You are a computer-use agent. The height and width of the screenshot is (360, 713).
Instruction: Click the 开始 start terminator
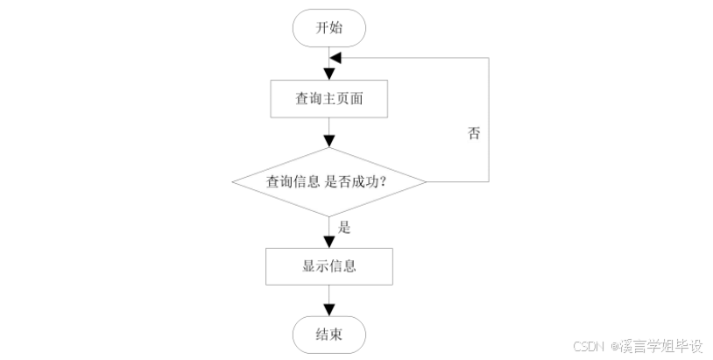[328, 27]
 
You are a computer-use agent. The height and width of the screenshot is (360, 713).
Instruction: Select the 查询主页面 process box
[328, 101]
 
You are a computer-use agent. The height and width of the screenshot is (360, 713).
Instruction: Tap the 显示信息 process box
[328, 266]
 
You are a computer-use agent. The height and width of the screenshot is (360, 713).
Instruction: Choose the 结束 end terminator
[328, 335]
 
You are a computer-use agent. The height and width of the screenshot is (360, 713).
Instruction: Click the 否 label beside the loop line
[474, 134]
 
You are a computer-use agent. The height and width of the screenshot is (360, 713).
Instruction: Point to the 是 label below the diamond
[344, 227]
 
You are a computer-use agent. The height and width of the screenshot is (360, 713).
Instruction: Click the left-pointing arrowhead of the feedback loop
[335, 57]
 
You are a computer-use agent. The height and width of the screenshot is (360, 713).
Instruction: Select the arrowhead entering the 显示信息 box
[328, 243]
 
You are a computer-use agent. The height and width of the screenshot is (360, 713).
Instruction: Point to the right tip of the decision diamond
[426, 182]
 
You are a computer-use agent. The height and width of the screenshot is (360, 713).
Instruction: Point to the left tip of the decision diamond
[232, 182]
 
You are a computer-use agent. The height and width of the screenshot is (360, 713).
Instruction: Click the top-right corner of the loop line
[488, 57]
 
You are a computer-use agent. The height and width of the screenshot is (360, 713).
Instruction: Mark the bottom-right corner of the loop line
[488, 182]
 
